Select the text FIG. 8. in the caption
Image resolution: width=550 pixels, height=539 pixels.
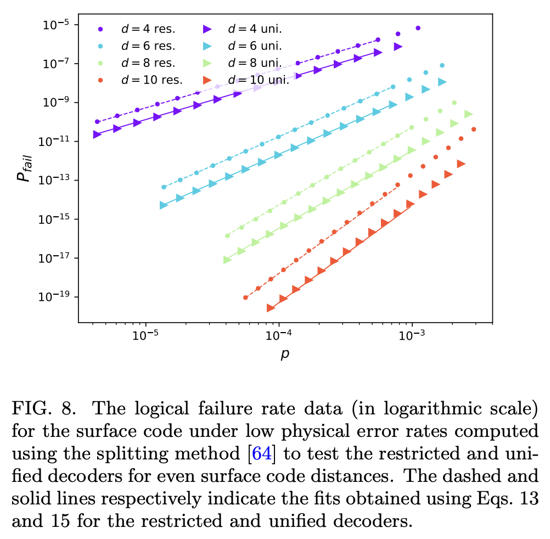(x=41, y=409)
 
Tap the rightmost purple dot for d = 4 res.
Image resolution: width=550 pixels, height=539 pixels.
(x=418, y=28)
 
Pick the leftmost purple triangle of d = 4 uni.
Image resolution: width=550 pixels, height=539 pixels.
(x=97, y=134)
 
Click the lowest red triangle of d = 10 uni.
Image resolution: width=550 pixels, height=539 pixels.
(x=271, y=308)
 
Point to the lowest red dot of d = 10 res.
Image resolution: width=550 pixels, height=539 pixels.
(x=245, y=297)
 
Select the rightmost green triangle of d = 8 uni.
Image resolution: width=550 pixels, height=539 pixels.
(x=468, y=114)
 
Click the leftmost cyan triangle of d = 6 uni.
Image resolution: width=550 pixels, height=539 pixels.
(x=163, y=205)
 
